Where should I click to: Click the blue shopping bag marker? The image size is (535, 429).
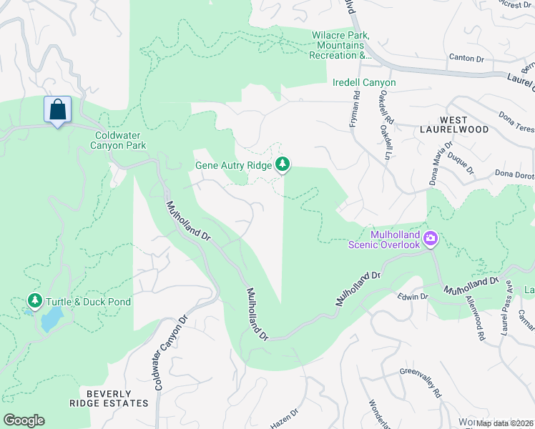point(57,110)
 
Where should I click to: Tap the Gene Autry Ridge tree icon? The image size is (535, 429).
point(283,165)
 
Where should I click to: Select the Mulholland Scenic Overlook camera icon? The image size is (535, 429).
point(431,238)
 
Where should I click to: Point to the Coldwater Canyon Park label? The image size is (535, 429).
point(120,140)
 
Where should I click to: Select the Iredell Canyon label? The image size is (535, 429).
point(364,83)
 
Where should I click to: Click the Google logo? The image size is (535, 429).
point(24,420)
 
